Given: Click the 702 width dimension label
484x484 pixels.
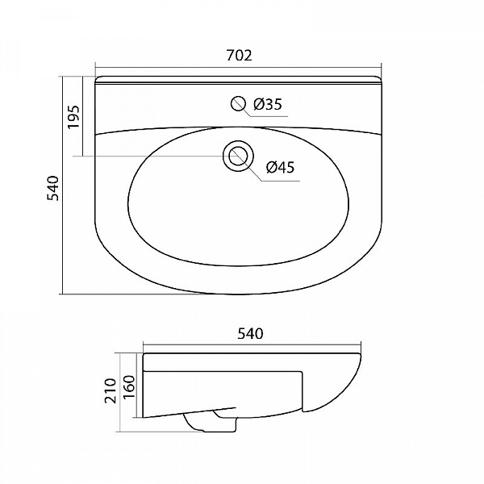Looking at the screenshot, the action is point(240,55).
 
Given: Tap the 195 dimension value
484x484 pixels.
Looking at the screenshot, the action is point(73,117).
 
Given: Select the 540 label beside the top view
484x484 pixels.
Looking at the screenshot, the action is point(52,188).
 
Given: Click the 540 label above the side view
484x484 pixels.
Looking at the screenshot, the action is point(250,334).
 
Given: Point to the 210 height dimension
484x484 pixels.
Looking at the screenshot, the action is point(111,390).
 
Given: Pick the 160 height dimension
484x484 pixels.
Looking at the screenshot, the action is point(129,386).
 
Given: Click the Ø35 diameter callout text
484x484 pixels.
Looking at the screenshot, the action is point(268,104).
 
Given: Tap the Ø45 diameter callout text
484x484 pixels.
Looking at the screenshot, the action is point(280,167).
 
